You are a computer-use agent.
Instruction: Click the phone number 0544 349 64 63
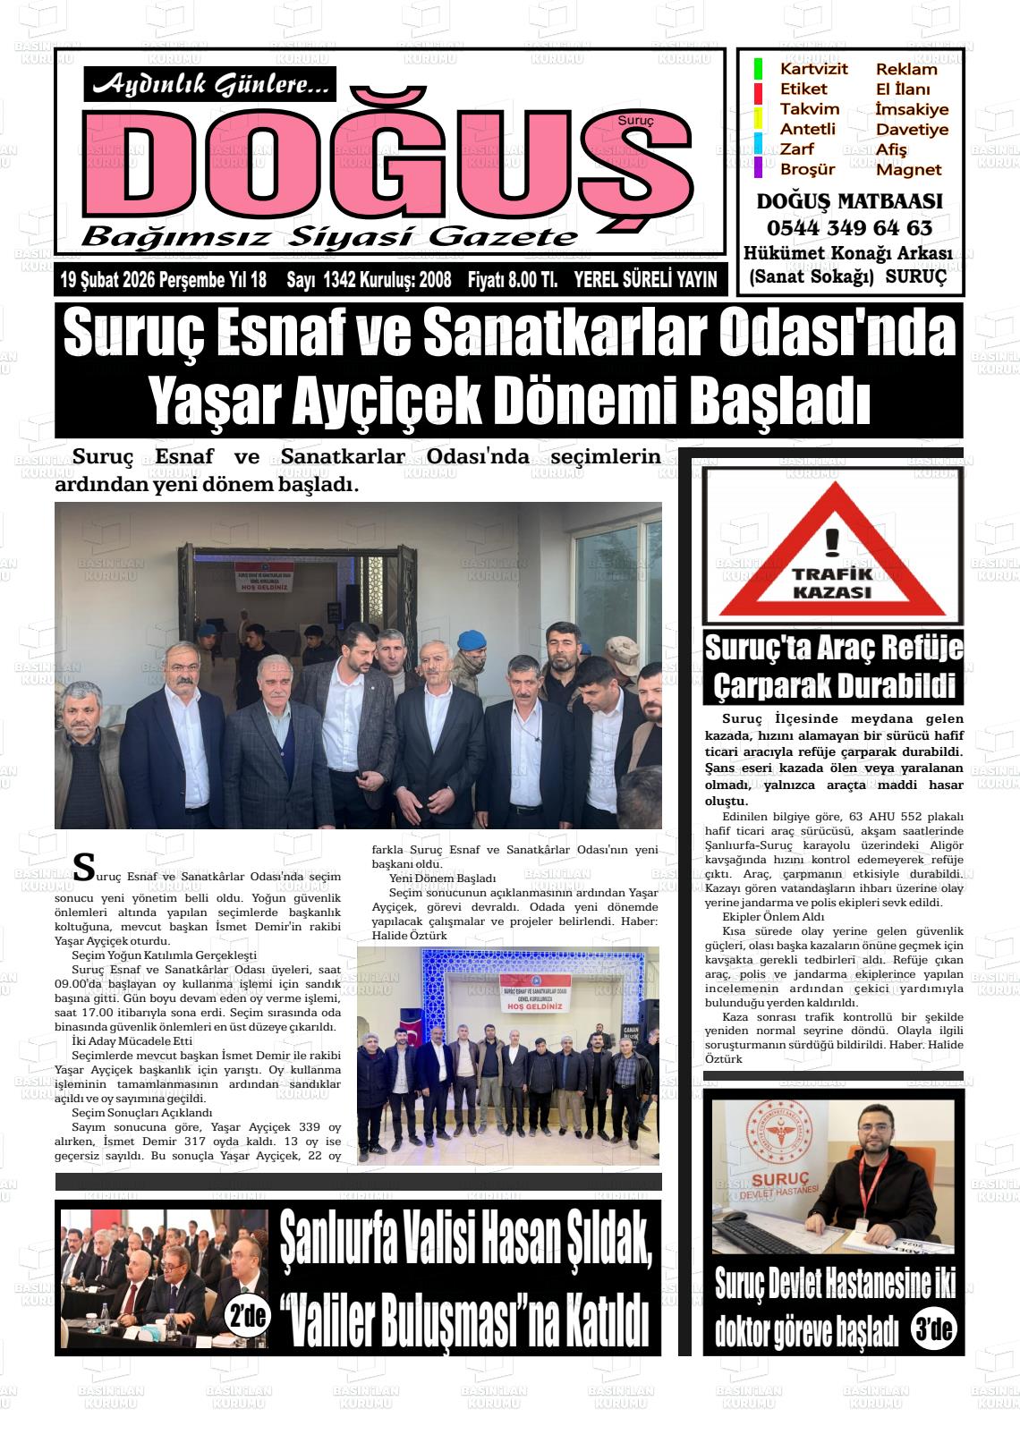(x=848, y=227)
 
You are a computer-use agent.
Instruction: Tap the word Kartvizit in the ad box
(x=813, y=69)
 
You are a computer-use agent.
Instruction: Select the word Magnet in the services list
(x=908, y=169)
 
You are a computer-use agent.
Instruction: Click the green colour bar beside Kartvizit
(x=758, y=69)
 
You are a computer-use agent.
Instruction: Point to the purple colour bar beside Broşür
(x=758, y=167)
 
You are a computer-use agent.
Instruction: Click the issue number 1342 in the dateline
(x=340, y=280)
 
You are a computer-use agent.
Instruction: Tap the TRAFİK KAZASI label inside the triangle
(x=832, y=582)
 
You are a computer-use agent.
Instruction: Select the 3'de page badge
(x=932, y=1328)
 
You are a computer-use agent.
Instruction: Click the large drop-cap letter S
(x=82, y=865)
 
